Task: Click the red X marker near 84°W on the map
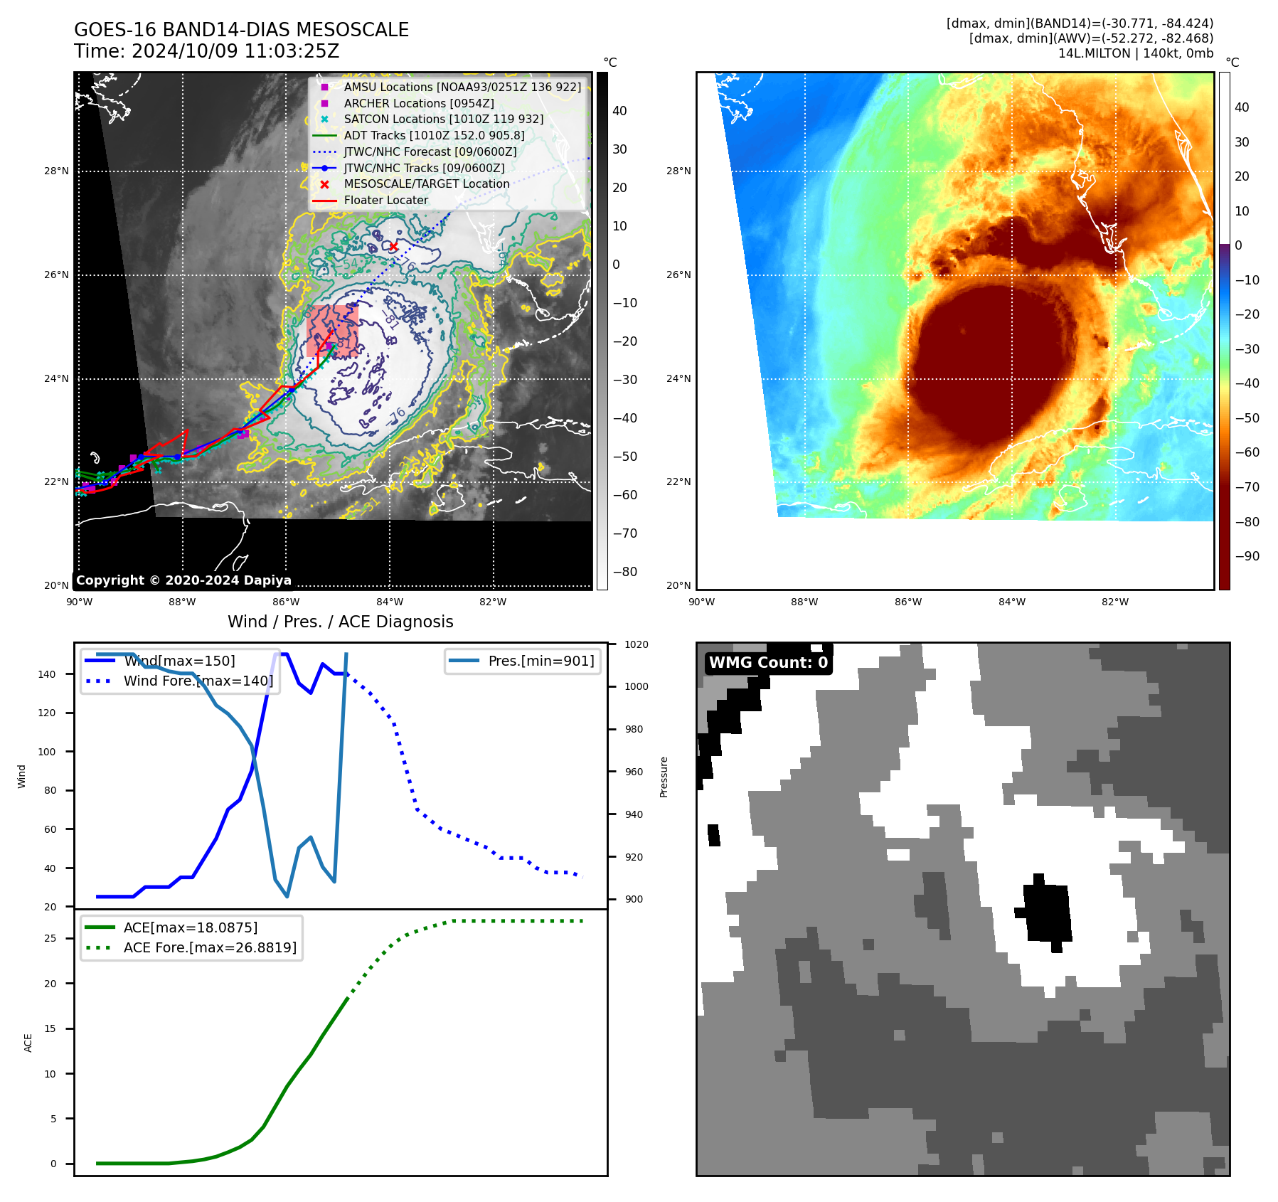[x=393, y=246]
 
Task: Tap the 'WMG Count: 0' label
[x=768, y=663]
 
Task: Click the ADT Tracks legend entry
[x=434, y=135]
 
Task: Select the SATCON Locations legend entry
[x=443, y=119]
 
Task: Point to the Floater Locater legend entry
[x=385, y=200]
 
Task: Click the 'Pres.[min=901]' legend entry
[x=541, y=661]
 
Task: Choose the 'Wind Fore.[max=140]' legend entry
[x=198, y=681]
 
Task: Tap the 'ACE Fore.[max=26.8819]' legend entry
[x=210, y=947]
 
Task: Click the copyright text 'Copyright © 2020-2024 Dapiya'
[x=183, y=580]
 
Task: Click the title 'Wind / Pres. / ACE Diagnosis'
[x=340, y=622]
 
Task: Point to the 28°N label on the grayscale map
[x=56, y=171]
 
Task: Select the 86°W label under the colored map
[x=907, y=602]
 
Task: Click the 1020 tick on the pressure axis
[x=636, y=644]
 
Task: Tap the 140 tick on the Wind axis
[x=47, y=674]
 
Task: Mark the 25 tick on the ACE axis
[x=50, y=938]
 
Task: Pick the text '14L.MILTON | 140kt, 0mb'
[x=1135, y=53]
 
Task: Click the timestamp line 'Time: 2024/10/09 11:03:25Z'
[x=206, y=51]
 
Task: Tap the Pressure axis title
[x=664, y=777]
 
